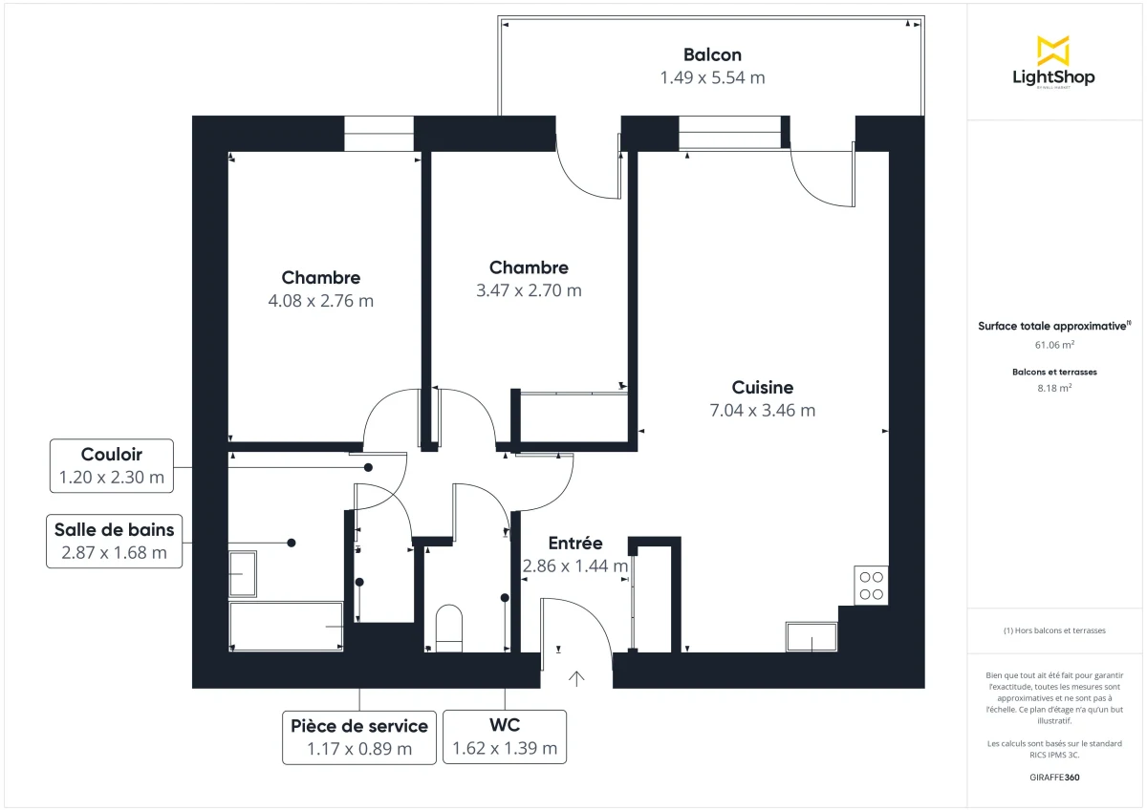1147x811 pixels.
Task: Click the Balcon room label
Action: click(712, 55)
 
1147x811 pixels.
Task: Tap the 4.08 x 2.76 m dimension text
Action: click(321, 300)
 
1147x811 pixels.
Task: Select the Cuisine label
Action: click(763, 387)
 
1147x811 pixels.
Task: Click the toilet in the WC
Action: click(449, 627)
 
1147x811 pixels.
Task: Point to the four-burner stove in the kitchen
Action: click(872, 585)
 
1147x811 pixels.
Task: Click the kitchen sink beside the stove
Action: click(812, 637)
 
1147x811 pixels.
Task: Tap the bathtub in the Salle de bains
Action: click(286, 627)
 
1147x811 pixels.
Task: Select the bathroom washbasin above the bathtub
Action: click(243, 573)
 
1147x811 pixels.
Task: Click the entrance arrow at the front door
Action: click(576, 678)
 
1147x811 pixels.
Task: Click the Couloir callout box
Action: click(112, 466)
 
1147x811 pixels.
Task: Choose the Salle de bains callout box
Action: click(114, 542)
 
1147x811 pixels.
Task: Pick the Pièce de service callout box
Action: click(359, 736)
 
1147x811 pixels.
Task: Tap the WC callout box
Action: click(505, 736)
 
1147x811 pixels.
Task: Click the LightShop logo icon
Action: click(1053, 50)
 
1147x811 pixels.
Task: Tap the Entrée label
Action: click(575, 543)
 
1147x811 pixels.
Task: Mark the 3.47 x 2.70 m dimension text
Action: click(529, 290)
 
